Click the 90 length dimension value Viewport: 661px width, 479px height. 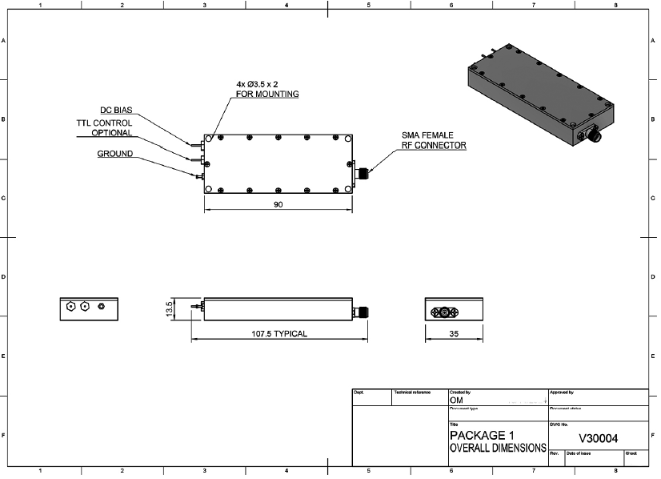[x=278, y=205]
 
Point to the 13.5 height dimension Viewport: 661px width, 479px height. [x=170, y=309]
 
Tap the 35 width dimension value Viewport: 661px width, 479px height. [x=454, y=333]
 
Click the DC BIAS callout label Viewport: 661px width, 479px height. [x=116, y=110]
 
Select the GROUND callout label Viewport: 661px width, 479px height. [x=115, y=154]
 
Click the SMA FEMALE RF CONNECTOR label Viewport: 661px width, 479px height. [x=434, y=141]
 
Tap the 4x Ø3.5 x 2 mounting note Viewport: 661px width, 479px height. [x=266, y=89]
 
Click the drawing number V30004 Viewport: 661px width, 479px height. [x=596, y=438]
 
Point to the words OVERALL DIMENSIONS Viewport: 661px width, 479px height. [x=498, y=449]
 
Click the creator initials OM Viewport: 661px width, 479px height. [x=457, y=401]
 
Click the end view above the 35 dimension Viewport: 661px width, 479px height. [x=454, y=309]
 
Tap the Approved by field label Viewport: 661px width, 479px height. [x=562, y=392]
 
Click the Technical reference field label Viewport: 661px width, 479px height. [x=412, y=392]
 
